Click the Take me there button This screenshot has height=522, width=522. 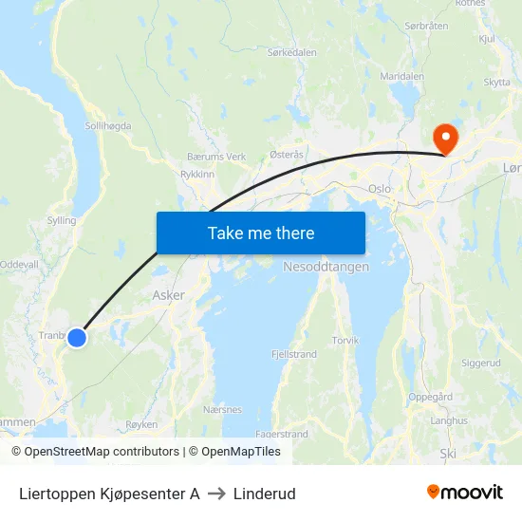tap(260, 233)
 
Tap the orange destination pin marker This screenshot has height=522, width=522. tap(444, 139)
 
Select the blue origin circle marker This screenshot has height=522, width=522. tap(77, 337)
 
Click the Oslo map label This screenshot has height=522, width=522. tap(380, 189)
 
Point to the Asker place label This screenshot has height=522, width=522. tap(169, 295)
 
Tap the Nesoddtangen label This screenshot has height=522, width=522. tap(326, 267)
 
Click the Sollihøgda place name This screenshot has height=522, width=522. tap(108, 125)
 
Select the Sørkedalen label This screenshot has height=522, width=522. tap(292, 53)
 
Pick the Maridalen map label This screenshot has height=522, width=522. tap(401, 75)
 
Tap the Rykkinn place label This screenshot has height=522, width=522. tap(196, 175)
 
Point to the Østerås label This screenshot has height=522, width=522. tap(287, 154)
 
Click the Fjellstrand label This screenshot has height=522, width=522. tap(293, 354)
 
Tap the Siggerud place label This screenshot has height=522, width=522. tap(480, 363)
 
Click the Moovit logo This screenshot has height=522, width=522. tap(465, 492)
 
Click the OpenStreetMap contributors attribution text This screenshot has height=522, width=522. tap(102, 452)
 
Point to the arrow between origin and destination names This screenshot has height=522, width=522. tap(216, 494)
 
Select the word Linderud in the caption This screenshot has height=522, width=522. tap(265, 494)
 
